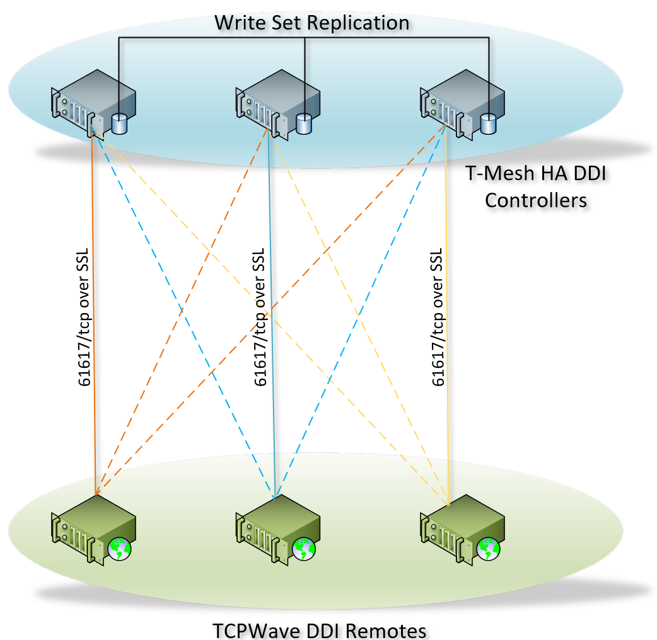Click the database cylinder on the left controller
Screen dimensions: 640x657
[x=120, y=123]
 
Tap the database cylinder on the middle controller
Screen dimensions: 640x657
[x=304, y=123]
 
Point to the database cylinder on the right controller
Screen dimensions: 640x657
[x=488, y=123]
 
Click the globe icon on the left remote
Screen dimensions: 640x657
[x=119, y=549]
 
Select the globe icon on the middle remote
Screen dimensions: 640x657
[x=304, y=549]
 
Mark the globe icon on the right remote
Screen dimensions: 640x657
[x=488, y=549]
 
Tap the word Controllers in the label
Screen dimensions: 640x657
[x=536, y=200]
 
